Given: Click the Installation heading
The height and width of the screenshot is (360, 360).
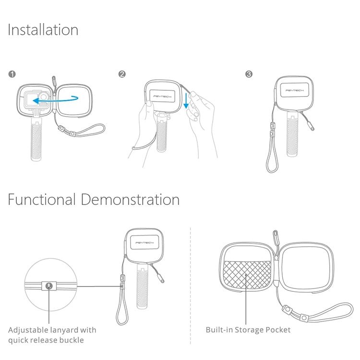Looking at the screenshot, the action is [x=43, y=30].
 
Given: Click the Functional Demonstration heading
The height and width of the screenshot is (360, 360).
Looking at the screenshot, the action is [x=94, y=199].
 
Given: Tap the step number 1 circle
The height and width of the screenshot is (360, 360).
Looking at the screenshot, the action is [x=12, y=74].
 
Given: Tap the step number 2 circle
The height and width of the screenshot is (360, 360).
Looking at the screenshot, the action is [x=122, y=74].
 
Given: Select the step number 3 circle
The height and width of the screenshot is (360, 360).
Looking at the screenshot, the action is [x=249, y=74].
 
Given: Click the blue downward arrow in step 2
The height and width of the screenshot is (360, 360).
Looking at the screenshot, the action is [x=186, y=101].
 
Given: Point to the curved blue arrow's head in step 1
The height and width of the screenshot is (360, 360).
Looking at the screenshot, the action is [x=35, y=101].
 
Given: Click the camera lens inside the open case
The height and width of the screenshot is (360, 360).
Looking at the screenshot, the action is [x=45, y=96].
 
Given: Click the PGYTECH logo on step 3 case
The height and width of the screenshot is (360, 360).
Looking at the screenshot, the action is [x=295, y=90].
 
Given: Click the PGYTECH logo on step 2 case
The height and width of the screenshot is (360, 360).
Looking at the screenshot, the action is [x=162, y=96].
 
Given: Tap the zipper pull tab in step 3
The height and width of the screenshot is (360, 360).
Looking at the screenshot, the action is [x=312, y=127].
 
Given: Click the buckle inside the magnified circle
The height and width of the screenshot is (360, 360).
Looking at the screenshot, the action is [x=49, y=286].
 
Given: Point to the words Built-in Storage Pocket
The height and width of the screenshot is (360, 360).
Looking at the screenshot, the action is [x=248, y=330].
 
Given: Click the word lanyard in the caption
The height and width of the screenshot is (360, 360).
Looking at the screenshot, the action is [x=63, y=330].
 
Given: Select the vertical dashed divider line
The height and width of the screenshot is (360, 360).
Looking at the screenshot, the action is [x=191, y=286].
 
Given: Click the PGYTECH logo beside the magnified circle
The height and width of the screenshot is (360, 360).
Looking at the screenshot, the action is [x=144, y=243].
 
